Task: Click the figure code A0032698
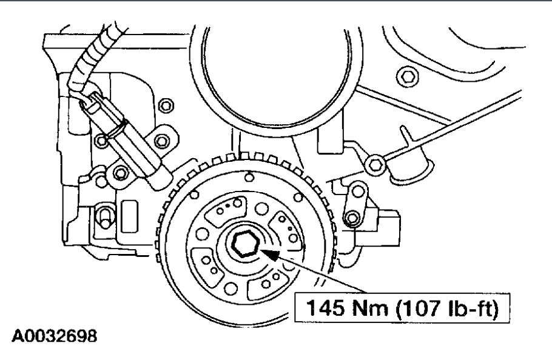click(x=54, y=336)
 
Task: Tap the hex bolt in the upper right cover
click(x=407, y=76)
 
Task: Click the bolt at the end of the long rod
click(x=375, y=164)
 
